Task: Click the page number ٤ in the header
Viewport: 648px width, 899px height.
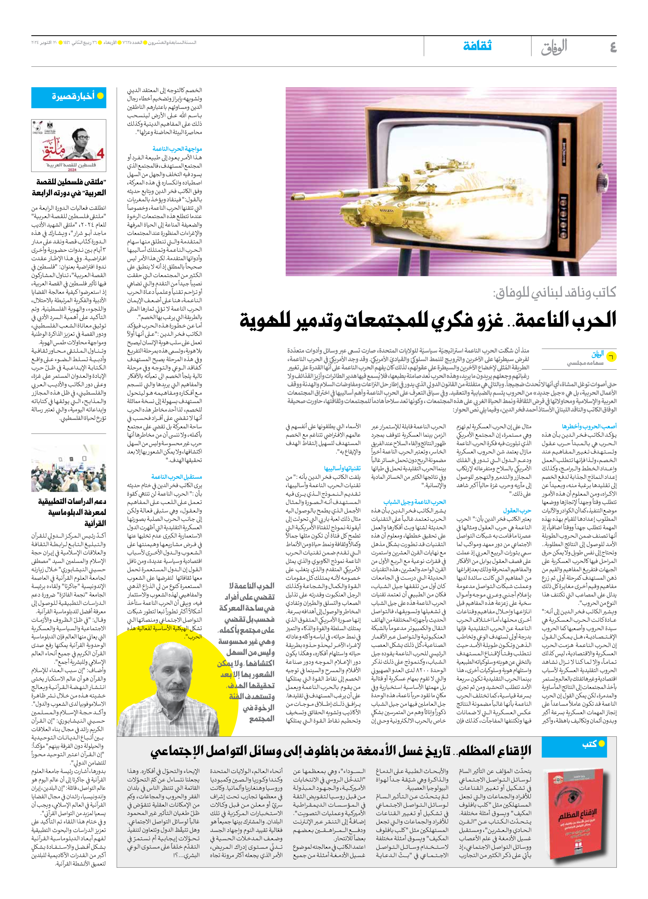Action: [613, 47]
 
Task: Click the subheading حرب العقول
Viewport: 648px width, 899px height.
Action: [517, 510]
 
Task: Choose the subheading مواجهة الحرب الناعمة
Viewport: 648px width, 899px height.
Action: [177, 149]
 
